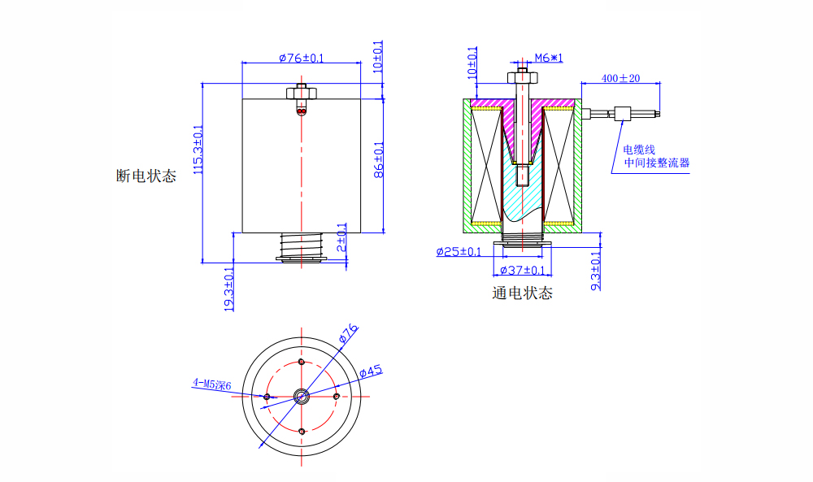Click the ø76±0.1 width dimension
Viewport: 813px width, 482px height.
301,58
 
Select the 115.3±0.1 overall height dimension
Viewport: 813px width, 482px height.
197,149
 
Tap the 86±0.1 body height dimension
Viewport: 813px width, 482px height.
378,161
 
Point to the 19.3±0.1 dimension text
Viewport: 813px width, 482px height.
229,289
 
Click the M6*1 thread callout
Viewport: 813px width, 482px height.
549,58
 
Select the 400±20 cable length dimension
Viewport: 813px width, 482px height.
620,78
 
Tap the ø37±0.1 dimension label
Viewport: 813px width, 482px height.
522,270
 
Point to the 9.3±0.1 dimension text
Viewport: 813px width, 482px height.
595,271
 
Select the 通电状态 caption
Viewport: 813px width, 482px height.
522,293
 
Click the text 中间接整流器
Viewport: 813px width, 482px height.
656,163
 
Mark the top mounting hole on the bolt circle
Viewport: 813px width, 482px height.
302,362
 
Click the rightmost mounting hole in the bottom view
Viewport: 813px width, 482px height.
337,397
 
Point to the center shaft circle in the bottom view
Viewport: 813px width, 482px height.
302,397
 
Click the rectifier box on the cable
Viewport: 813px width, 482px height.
624,113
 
